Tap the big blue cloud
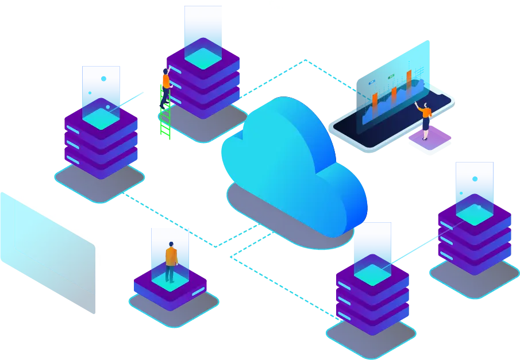[x=287, y=155]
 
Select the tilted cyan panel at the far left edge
[x=46, y=247]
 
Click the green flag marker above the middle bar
[x=391, y=76]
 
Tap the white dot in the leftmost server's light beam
[x=103, y=79]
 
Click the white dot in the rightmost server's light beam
[x=475, y=179]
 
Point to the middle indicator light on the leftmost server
[x=72, y=143]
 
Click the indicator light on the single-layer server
[x=198, y=292]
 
